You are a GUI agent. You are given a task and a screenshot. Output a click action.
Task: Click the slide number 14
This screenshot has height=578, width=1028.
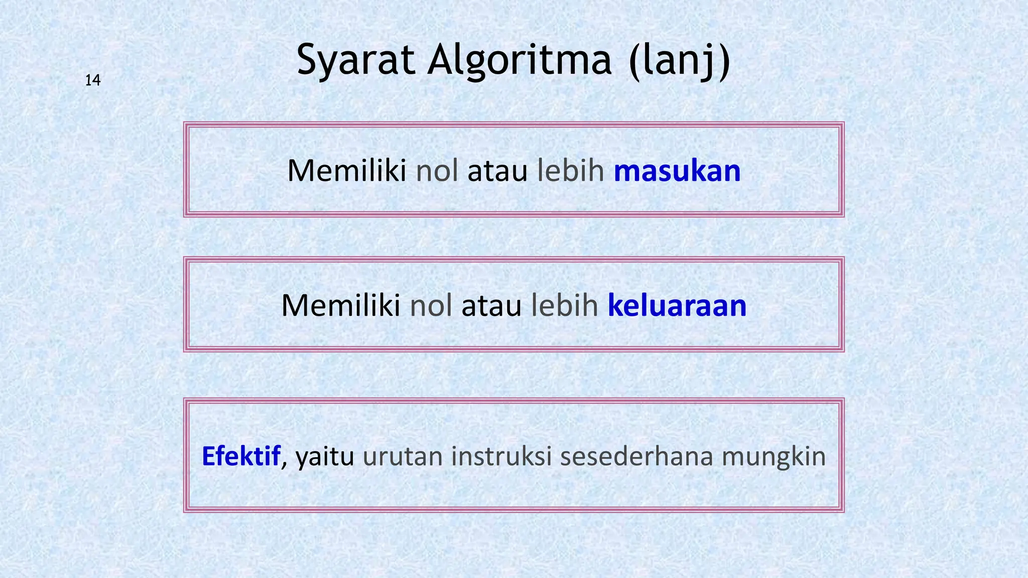(x=93, y=80)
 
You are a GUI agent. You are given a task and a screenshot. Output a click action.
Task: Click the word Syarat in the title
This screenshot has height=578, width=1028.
(x=356, y=60)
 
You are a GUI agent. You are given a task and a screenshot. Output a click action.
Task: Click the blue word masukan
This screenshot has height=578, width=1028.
(x=677, y=171)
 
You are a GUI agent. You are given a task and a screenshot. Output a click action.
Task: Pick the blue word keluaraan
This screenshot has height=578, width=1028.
(x=677, y=306)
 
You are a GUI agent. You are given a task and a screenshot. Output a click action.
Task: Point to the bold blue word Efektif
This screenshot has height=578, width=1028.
(x=240, y=456)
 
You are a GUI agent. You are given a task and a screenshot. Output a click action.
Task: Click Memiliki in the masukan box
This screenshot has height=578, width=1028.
(x=346, y=171)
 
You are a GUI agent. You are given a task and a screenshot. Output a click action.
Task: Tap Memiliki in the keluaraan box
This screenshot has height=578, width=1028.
(x=340, y=306)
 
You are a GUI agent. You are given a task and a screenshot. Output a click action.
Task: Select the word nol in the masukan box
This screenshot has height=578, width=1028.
(x=437, y=171)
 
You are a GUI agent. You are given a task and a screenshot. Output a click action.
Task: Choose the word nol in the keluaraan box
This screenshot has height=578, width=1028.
(x=431, y=306)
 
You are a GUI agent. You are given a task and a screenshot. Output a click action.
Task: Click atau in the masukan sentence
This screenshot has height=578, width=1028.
(x=497, y=171)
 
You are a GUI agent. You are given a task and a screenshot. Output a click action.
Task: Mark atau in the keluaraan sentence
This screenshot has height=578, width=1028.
(x=491, y=306)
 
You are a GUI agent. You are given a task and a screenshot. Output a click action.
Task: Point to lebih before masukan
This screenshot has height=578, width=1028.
(x=571, y=171)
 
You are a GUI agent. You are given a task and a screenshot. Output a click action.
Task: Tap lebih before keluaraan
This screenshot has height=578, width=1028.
(x=565, y=306)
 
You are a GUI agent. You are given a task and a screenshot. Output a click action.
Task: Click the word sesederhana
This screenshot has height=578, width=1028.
(x=636, y=456)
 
